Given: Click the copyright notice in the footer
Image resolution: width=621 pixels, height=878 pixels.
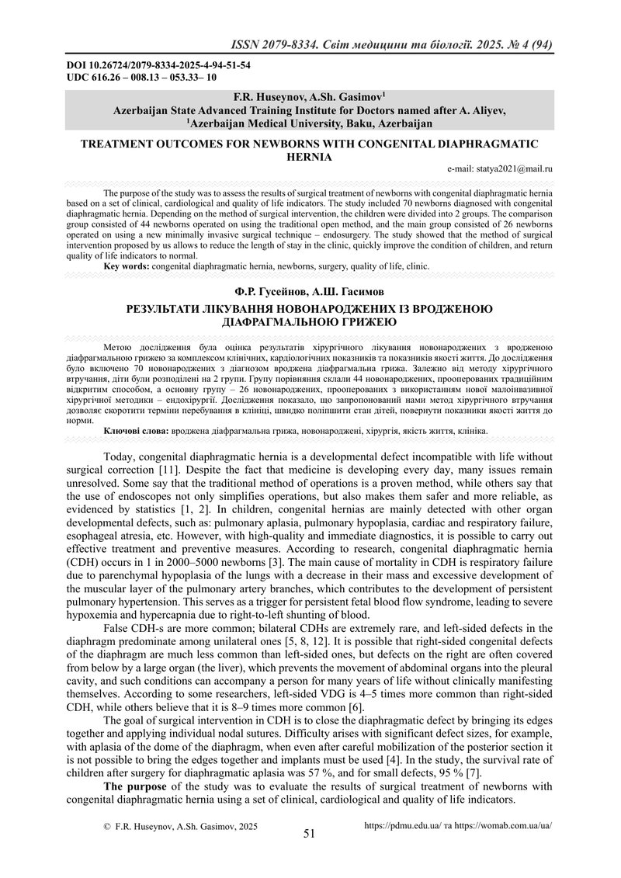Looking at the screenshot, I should [180, 828].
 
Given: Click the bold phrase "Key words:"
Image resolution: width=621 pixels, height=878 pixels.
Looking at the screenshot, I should [127, 266].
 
